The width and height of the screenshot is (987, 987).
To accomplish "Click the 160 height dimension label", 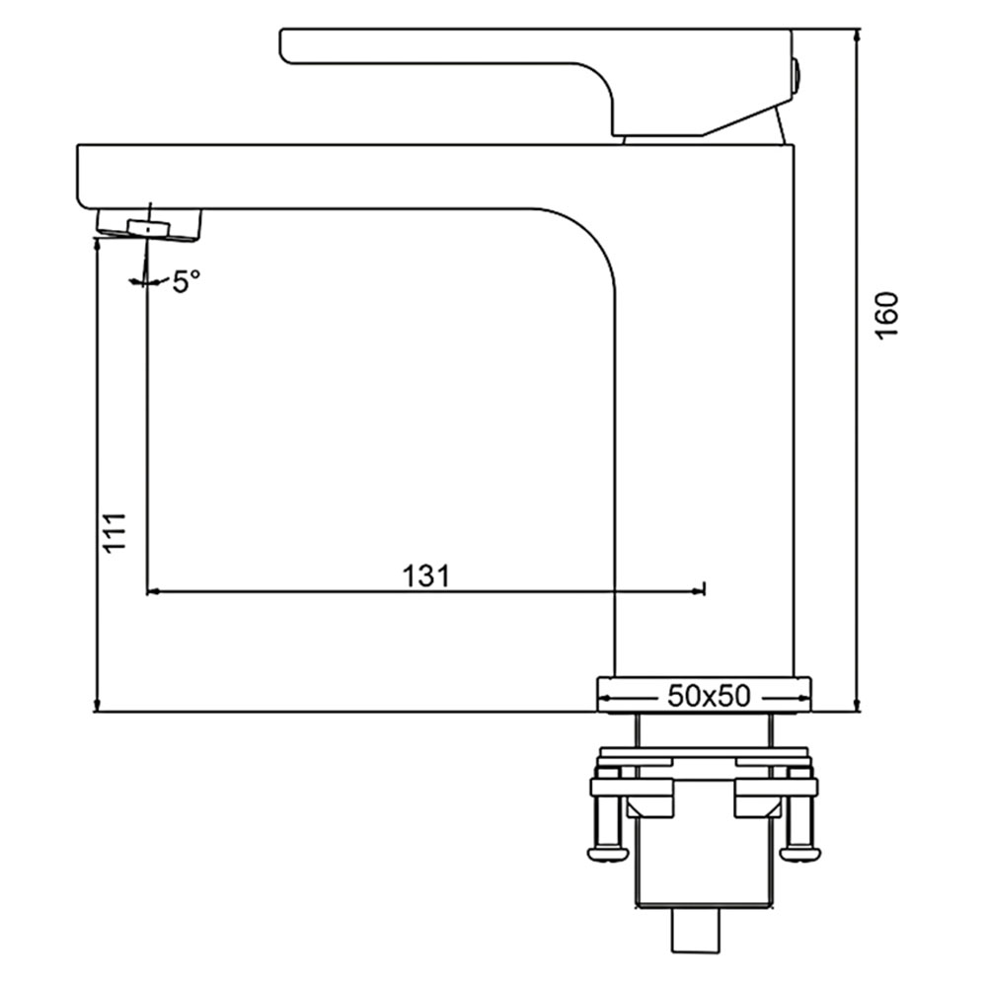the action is pos(886,316).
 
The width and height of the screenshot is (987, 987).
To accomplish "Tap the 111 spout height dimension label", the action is pos(115,533).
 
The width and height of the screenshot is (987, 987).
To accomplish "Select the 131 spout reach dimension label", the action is pos(426,575).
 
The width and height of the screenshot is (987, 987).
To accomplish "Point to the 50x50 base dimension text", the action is pos(709,696).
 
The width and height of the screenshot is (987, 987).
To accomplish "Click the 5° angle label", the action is pos(186,281).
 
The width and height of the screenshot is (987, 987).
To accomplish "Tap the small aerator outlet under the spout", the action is pos(149,228).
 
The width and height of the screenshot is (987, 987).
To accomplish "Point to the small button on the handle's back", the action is pos(796,74).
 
